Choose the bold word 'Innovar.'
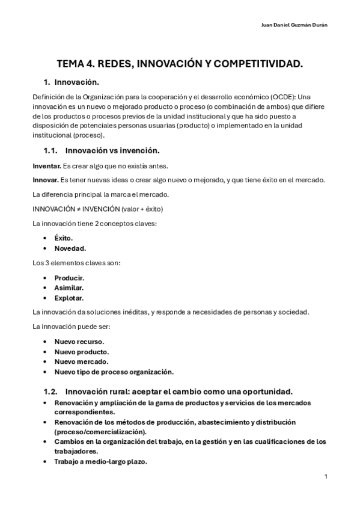click(x=46, y=180)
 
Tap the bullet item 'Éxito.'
click(x=63, y=238)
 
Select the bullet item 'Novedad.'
click(x=70, y=248)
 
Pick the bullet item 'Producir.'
click(x=69, y=278)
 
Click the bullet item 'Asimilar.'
click(x=69, y=287)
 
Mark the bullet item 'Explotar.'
click(x=69, y=298)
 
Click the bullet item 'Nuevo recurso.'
click(x=79, y=342)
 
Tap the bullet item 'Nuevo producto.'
click(x=81, y=351)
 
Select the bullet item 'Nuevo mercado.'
click(x=81, y=361)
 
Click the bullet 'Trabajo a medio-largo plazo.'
click(x=100, y=461)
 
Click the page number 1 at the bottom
click(x=325, y=476)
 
